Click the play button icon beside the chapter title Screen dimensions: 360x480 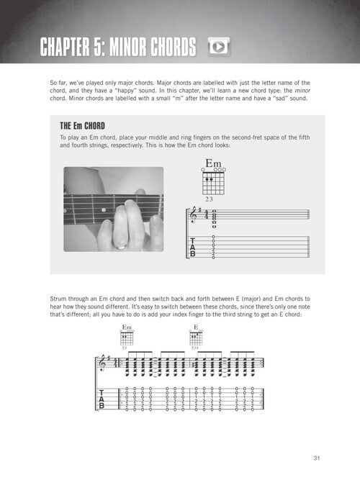(218, 47)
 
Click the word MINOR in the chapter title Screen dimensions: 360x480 (128, 47)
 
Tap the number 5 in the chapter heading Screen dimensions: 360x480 (98, 47)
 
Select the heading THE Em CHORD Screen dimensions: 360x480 (82, 126)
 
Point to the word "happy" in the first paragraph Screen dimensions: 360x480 (125, 91)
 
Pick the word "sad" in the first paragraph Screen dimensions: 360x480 (280, 99)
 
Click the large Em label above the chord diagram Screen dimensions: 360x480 (213, 163)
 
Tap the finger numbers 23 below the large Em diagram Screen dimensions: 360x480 (209, 199)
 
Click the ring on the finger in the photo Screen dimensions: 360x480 (120, 246)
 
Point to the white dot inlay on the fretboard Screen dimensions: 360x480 (104, 210)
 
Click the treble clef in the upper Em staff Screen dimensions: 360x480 (194, 214)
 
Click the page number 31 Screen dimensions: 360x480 (317, 458)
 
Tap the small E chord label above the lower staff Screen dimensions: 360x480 (196, 327)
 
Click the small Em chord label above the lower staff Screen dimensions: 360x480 (127, 327)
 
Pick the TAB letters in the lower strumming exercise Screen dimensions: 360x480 (102, 399)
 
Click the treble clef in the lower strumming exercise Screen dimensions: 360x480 (102, 363)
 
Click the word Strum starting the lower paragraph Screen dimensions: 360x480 (58, 299)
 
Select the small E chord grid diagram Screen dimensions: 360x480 (196, 338)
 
